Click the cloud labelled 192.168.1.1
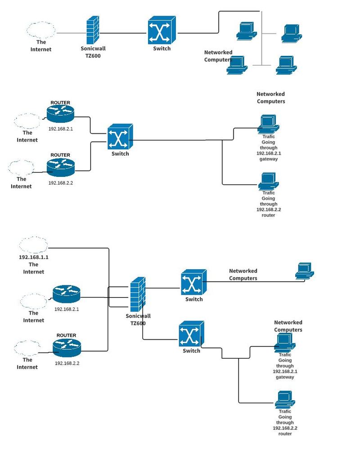(34, 245)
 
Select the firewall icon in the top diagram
(93, 31)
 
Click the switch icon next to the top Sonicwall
(162, 30)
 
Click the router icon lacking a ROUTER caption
(66, 294)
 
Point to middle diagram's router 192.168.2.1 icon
(60, 114)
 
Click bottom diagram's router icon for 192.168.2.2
(67, 347)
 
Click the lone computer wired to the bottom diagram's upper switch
(305, 271)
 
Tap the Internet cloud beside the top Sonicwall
(41, 30)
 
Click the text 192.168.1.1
(33, 257)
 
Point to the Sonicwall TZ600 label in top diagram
(93, 52)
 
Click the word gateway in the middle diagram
(269, 159)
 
